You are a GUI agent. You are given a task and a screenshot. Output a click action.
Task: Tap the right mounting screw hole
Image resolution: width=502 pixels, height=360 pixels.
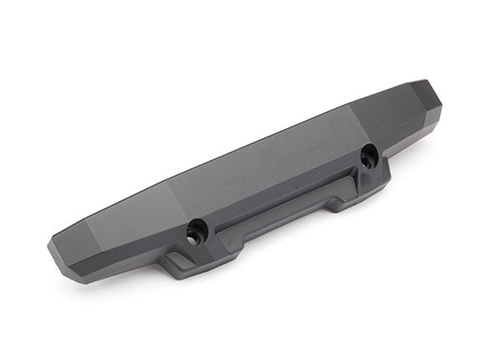(x=366, y=155)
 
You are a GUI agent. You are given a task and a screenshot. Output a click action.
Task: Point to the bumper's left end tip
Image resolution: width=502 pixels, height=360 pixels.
(x=52, y=245)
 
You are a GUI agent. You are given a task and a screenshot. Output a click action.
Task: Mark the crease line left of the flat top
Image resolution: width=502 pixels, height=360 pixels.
(x=172, y=194)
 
